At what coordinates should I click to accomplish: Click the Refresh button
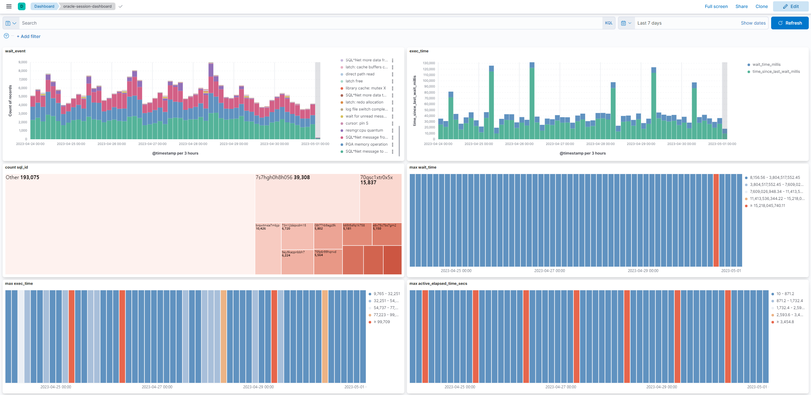coord(790,23)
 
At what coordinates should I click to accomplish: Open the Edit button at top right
coord(791,6)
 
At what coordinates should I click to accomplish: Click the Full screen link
coord(716,6)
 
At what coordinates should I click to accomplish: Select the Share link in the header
coord(741,6)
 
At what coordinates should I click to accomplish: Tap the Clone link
coord(762,6)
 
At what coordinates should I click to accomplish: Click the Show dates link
coord(753,23)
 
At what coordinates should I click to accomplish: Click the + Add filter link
coord(29,36)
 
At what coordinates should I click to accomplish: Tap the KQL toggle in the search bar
coord(608,23)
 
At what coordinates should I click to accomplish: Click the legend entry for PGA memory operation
coord(366,144)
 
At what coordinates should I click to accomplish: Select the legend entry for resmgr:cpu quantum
coord(364,130)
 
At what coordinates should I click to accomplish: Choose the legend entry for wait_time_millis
coord(766,65)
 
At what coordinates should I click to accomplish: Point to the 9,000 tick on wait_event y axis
coord(23,62)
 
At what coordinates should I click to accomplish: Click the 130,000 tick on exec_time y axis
coord(429,63)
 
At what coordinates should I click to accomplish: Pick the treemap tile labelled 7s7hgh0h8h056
coord(307,198)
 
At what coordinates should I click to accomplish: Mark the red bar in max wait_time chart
coord(716,220)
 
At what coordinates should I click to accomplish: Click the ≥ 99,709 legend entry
coord(381,322)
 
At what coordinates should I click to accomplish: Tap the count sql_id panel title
coord(17,167)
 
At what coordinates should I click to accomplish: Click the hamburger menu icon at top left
coord(9,6)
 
